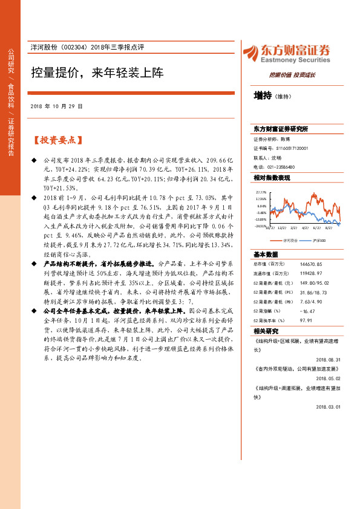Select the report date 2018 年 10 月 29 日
tap(56, 106)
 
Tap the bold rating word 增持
tap(262, 96)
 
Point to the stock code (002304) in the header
tap(77, 48)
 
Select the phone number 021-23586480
tap(282, 166)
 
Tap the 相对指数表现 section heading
tap(272, 178)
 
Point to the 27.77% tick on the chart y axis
tap(261, 192)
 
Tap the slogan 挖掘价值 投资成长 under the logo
tap(292, 75)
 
